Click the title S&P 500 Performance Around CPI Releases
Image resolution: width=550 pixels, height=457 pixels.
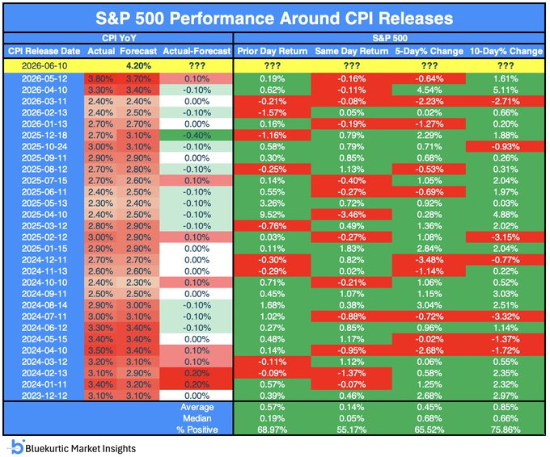pyautogui.click(x=274, y=19)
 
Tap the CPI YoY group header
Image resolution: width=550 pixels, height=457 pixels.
pyautogui.click(x=119, y=38)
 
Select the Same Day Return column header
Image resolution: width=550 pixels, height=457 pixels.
pyautogui.click(x=352, y=51)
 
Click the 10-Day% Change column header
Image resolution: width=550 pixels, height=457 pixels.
pyautogui.click(x=506, y=51)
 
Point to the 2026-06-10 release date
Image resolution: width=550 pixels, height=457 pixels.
pyautogui.click(x=44, y=66)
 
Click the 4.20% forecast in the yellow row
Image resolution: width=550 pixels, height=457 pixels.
pyautogui.click(x=138, y=66)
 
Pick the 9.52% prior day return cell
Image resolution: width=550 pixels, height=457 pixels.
pyautogui.click(x=273, y=215)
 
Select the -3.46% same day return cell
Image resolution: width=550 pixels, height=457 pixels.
pyautogui.click(x=352, y=215)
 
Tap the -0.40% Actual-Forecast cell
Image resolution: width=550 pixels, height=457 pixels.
pyautogui.click(x=197, y=136)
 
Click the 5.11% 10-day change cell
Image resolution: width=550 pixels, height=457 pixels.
pyautogui.click(x=506, y=90)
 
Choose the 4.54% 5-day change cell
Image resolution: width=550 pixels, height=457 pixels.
pyautogui.click(x=429, y=90)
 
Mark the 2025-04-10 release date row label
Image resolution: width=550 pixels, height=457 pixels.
pyautogui.click(x=44, y=215)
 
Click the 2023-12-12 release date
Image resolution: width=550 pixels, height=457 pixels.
pyautogui.click(x=44, y=396)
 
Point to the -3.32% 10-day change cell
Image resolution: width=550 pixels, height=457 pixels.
pyautogui.click(x=506, y=317)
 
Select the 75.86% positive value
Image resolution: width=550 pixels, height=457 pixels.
pyautogui.click(x=506, y=430)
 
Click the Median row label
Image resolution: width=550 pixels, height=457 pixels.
pyautogui.click(x=197, y=418)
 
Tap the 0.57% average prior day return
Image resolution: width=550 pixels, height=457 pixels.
pyautogui.click(x=273, y=407)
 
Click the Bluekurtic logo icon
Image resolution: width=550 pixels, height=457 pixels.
pyautogui.click(x=15, y=447)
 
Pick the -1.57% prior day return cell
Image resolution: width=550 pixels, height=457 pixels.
pyautogui.click(x=273, y=113)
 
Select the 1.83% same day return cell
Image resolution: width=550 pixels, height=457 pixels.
pyautogui.click(x=352, y=249)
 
